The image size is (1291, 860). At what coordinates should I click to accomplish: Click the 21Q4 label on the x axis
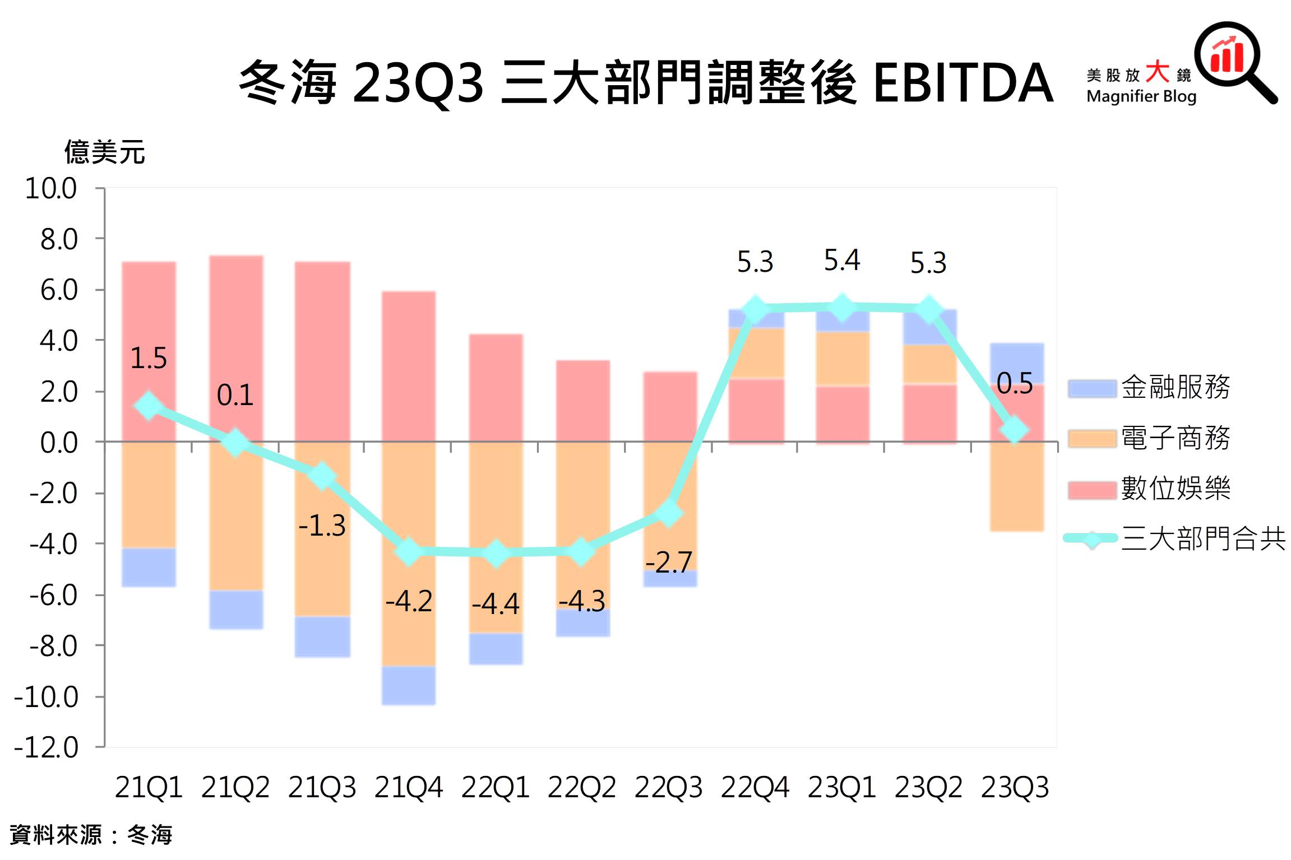coord(408,787)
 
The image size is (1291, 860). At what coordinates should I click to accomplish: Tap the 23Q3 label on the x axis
coord(1015,787)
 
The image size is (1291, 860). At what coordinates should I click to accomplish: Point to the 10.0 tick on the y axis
coord(51,188)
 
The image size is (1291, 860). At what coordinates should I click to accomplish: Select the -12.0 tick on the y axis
coord(47,747)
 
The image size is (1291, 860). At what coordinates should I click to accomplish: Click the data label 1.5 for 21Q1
coord(149,358)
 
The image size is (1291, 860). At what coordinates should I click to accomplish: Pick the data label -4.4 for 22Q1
coord(496,604)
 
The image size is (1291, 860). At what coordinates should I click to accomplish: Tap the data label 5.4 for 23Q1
coord(841,260)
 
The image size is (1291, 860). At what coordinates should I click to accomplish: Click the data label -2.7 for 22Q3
coord(669,562)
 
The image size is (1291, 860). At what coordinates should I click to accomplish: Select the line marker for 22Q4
coord(755,309)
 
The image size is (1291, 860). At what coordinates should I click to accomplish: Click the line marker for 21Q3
coord(322,476)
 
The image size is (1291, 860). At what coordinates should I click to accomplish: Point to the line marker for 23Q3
coord(1014,430)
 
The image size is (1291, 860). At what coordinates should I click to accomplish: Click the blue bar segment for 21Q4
coord(408,685)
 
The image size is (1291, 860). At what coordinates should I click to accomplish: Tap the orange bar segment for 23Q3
coord(1016,486)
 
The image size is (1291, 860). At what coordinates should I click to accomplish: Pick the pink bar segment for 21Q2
coord(236,347)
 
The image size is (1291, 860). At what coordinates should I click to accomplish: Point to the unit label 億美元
coord(105,152)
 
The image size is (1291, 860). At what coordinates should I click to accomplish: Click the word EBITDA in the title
coord(963,83)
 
